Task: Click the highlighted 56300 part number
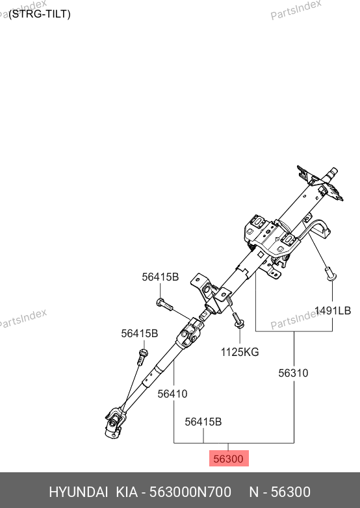(x=229, y=459)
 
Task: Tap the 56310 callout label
(x=293, y=373)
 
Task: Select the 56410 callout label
(x=172, y=394)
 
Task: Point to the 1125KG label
(x=240, y=352)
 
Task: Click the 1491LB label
(x=333, y=311)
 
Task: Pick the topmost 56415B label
(x=160, y=277)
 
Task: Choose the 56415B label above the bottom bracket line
(x=203, y=422)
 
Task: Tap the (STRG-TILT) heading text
(x=40, y=14)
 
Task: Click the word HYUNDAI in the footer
(x=79, y=492)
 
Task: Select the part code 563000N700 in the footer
(x=190, y=492)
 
